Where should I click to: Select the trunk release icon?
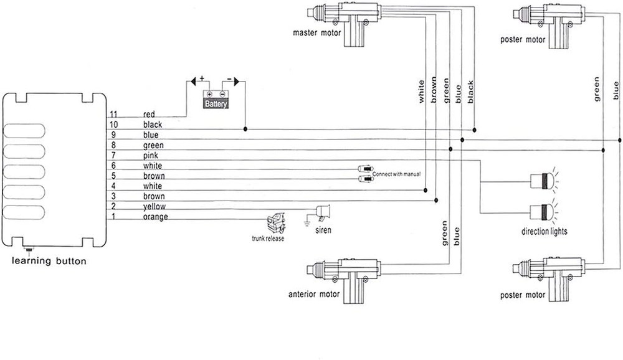(x=274, y=222)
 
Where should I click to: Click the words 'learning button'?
(x=49, y=261)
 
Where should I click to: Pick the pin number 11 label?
(x=113, y=115)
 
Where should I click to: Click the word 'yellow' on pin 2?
(x=154, y=207)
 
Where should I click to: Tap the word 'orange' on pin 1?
(x=156, y=217)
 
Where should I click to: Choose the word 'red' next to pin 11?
(x=149, y=115)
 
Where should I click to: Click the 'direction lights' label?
(x=545, y=232)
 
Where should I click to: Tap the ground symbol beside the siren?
(x=308, y=219)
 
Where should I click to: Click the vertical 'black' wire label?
(x=470, y=92)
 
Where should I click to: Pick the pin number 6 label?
(x=114, y=166)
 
